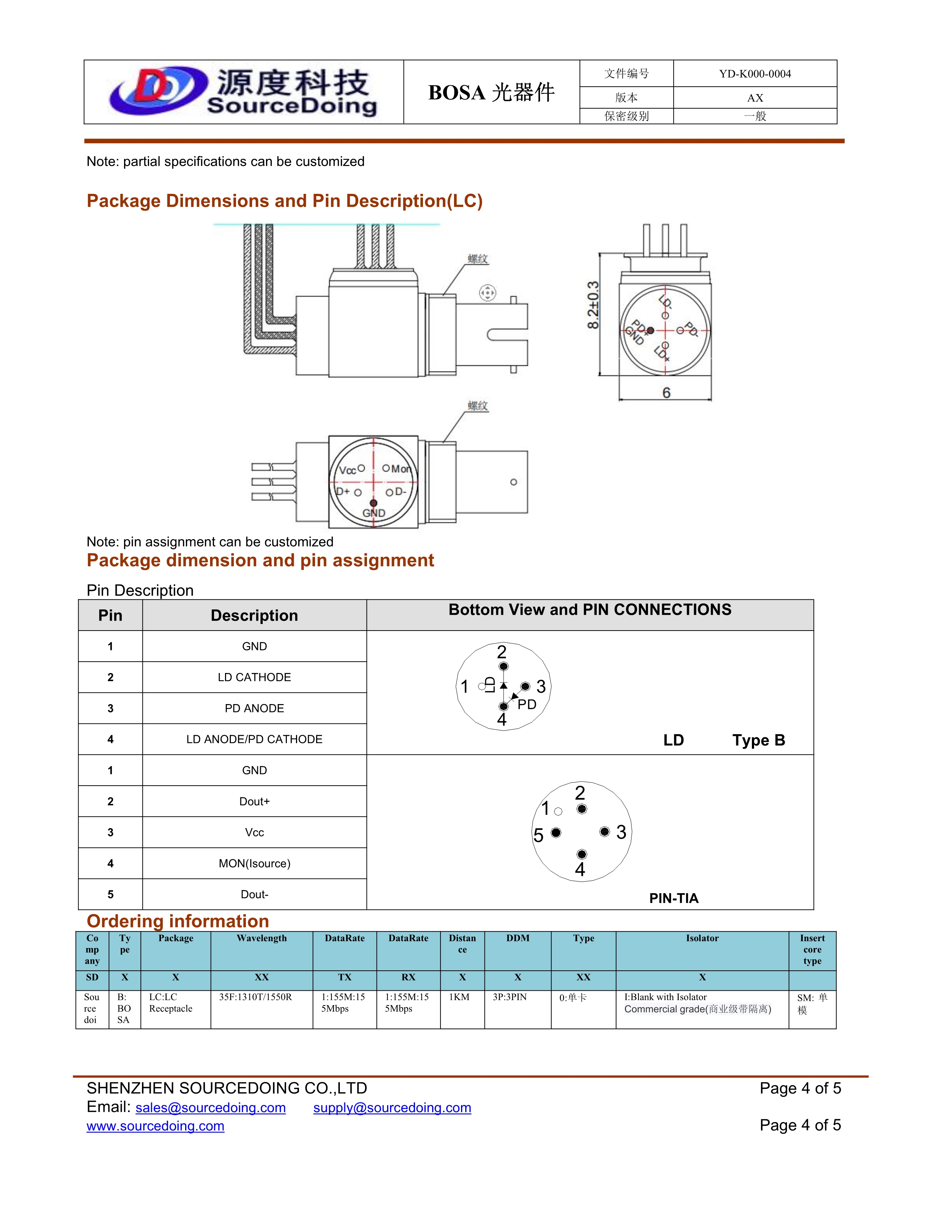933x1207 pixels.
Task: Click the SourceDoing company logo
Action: pos(243,92)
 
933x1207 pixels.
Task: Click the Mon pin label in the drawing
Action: pos(401,469)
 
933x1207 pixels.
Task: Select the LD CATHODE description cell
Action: pos(254,677)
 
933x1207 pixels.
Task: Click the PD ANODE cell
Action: pos(254,708)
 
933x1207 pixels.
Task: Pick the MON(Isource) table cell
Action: pos(254,863)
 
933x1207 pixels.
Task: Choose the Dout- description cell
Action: pos(254,894)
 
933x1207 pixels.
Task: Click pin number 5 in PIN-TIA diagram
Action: pos(538,835)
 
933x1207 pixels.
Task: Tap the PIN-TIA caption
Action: pos(673,898)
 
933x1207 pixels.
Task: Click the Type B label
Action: pos(758,740)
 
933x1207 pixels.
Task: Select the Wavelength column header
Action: pos(262,938)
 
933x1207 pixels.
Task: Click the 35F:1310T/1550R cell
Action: pos(255,997)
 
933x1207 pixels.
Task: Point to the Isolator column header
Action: pos(702,938)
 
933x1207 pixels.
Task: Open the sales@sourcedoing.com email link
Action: pos(211,1108)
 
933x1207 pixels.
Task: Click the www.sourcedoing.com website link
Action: pos(155,1126)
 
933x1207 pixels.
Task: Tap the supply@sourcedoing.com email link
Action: pos(392,1108)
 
